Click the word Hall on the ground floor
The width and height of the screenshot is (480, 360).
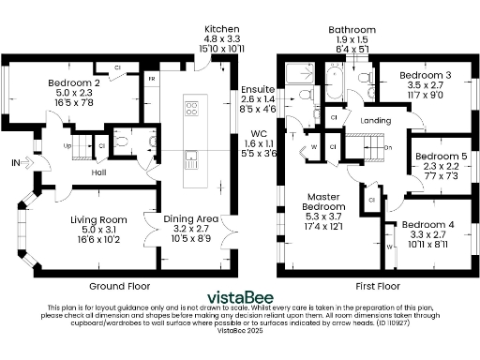pos(97,172)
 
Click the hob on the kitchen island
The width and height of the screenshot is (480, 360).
pos(193,110)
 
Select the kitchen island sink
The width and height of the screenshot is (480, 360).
pos(193,151)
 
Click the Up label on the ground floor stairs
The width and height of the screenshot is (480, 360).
pos(67,146)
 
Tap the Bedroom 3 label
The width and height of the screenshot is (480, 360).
pos(425,75)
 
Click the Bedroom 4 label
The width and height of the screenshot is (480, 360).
pos(427,225)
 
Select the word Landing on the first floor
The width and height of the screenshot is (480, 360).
pos(375,120)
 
